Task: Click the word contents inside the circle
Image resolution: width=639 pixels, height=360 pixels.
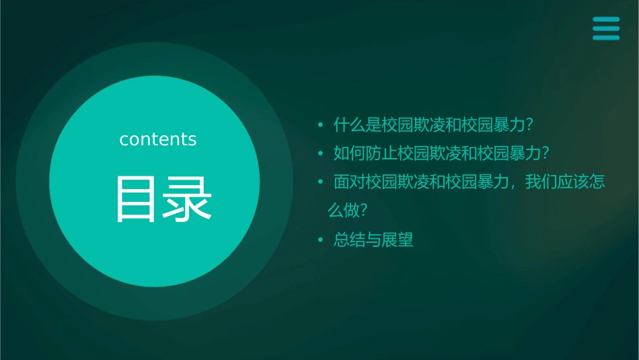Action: (158, 139)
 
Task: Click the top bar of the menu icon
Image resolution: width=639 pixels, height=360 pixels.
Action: (606, 20)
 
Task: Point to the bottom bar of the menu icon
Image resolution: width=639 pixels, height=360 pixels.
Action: (606, 38)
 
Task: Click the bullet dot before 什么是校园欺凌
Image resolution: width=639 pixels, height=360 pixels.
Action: (320, 125)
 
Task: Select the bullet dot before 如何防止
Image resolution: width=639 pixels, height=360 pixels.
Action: (320, 154)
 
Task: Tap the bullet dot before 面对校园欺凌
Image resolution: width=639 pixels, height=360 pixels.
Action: (320, 183)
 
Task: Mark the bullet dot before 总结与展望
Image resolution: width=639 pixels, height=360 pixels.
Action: (320, 240)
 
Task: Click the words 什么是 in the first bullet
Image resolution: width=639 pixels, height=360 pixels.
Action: (356, 125)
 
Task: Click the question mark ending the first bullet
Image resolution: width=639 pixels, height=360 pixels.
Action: (530, 125)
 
